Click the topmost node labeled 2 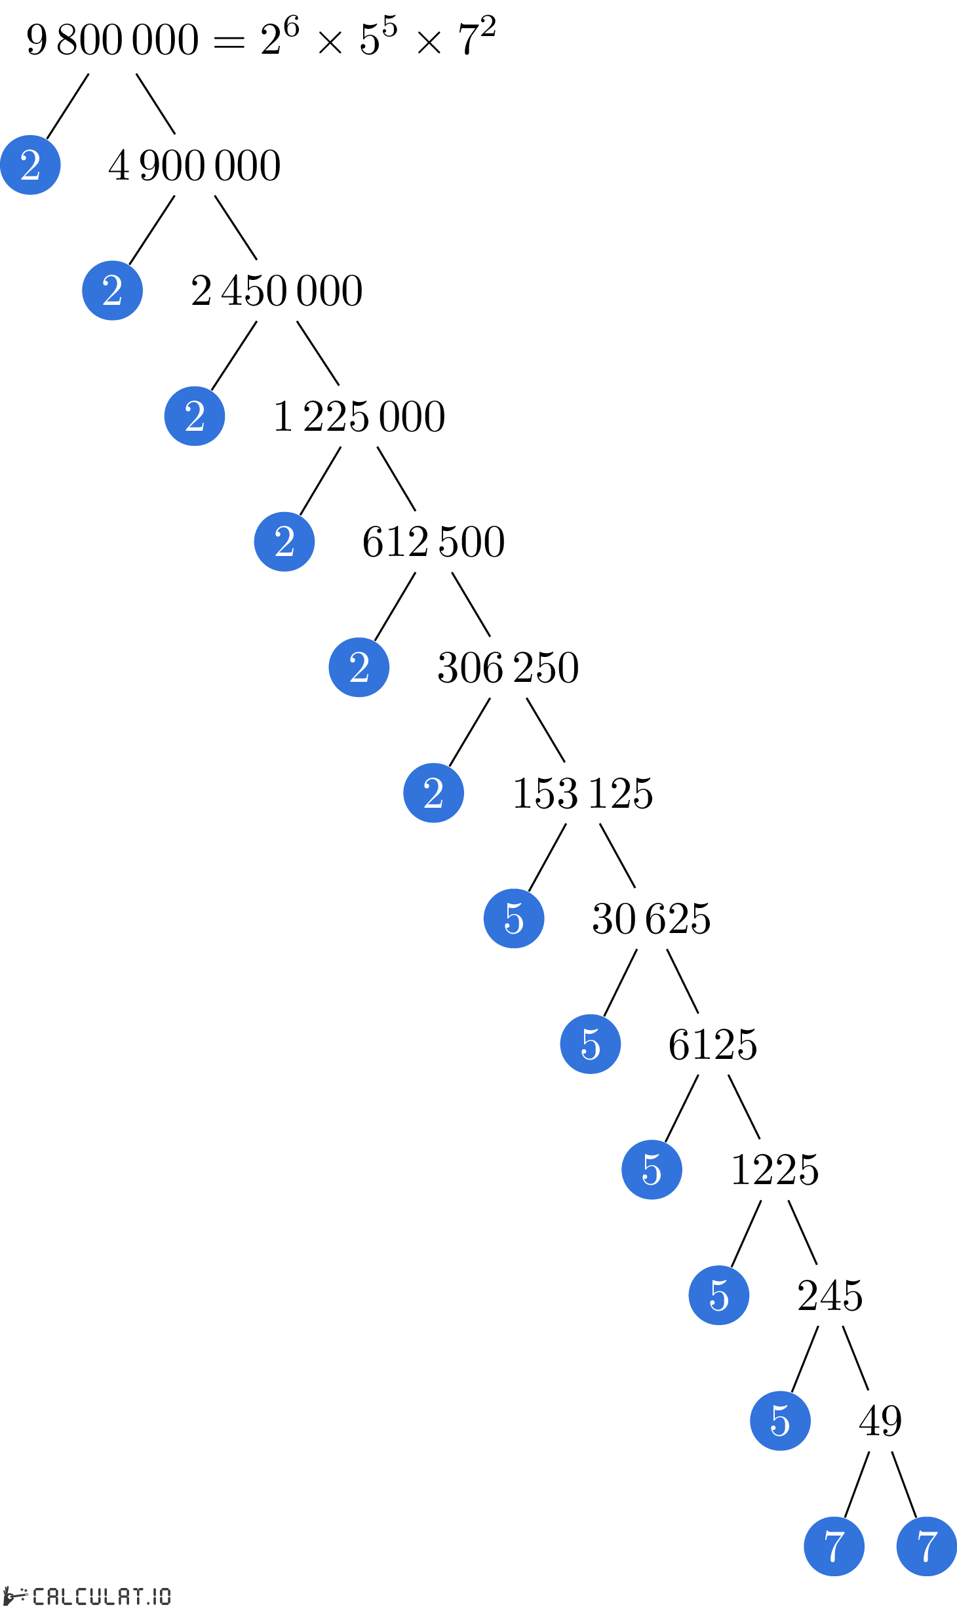click(x=30, y=165)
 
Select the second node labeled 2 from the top click(x=112, y=290)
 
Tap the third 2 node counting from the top click(x=195, y=416)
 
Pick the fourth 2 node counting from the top click(x=284, y=542)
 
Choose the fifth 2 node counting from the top click(x=359, y=667)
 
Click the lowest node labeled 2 click(x=433, y=793)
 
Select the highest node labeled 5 click(x=514, y=919)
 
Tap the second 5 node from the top click(x=591, y=1044)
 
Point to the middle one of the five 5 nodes click(x=652, y=1170)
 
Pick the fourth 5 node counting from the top click(x=719, y=1295)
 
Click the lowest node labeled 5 click(x=780, y=1421)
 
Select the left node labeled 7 click(x=834, y=1546)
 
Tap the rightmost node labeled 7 click(x=926, y=1546)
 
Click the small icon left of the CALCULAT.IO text click(x=16, y=1595)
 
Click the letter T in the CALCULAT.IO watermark click(x=137, y=1596)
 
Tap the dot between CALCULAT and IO click(x=148, y=1602)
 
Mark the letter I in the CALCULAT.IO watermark click(x=155, y=1596)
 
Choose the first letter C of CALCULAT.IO click(x=39, y=1596)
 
